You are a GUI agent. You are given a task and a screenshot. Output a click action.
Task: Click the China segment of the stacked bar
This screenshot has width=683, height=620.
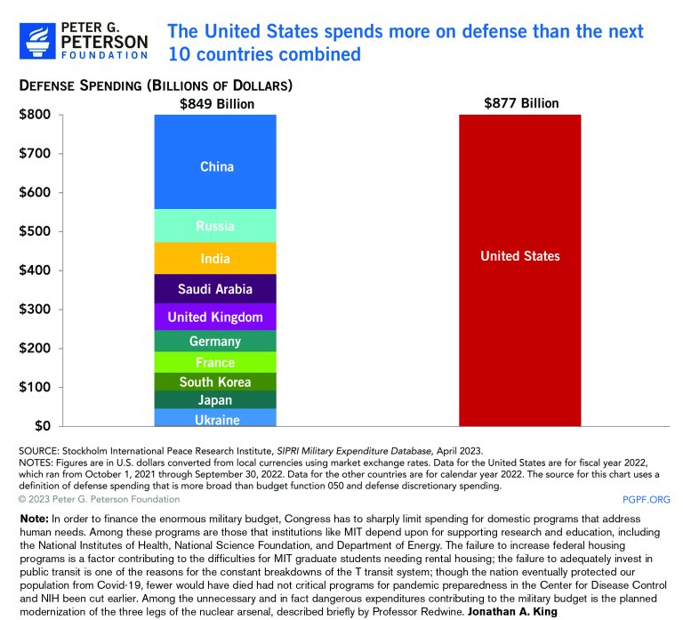point(217,166)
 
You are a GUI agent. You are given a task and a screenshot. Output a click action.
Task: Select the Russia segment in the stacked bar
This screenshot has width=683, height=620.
point(217,226)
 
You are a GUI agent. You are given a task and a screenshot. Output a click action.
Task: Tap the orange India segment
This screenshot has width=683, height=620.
point(217,259)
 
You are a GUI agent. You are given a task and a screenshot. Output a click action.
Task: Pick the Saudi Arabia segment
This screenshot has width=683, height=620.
point(217,289)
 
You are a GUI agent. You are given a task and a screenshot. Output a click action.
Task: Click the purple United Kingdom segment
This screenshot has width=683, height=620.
point(217,317)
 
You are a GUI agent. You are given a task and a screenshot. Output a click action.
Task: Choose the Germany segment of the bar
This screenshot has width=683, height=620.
point(217,342)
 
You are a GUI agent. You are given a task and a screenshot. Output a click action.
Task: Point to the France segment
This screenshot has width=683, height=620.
point(217,362)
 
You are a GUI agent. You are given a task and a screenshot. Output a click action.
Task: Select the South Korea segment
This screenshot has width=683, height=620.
point(217,382)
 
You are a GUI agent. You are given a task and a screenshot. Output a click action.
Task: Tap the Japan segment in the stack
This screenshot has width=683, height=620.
point(217,400)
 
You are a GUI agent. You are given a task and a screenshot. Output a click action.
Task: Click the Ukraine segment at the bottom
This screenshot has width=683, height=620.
point(217,419)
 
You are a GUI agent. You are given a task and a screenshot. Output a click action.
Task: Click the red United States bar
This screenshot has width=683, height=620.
point(520,267)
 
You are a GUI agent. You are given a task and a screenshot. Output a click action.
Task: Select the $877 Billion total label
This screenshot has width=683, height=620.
point(521,103)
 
